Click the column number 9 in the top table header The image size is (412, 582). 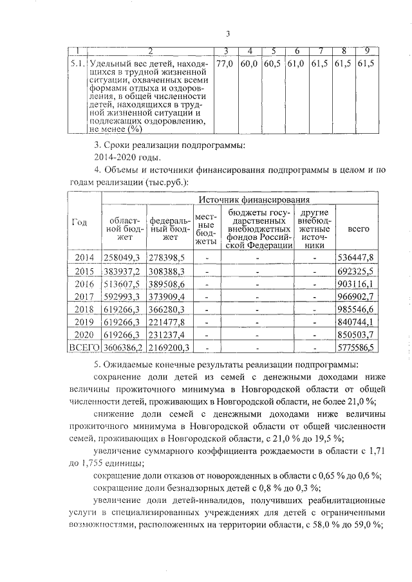coord(367,51)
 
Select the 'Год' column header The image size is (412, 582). coord(79,223)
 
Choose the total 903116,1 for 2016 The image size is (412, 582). coord(356,284)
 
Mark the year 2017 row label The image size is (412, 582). coord(84,297)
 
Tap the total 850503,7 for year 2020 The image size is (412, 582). coord(356,335)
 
